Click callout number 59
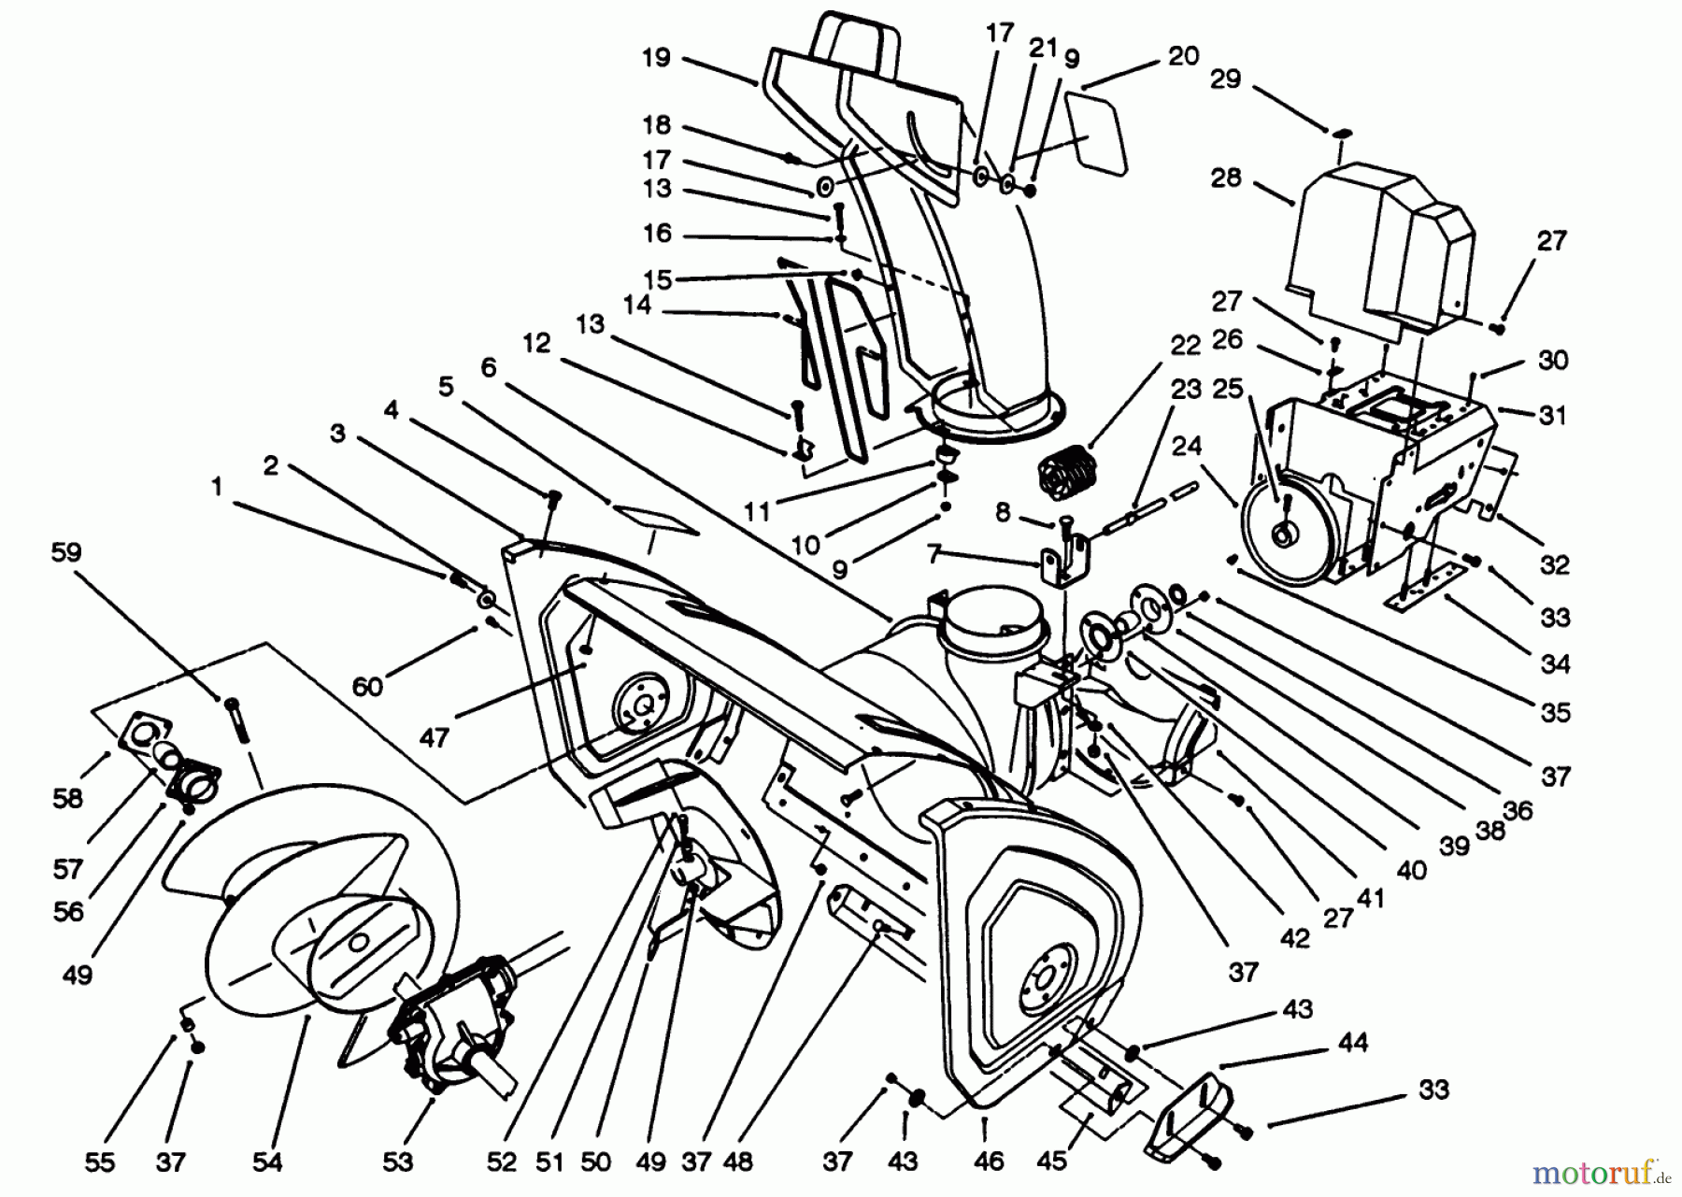pos(66,552)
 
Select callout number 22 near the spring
pos(1184,345)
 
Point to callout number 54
pos(267,1161)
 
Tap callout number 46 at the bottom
pos(988,1161)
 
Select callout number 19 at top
pos(656,58)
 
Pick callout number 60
pos(367,686)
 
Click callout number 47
pos(434,737)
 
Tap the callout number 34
pos(1555,664)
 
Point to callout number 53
pos(397,1161)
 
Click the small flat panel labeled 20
pos(1092,131)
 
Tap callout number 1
pos(217,486)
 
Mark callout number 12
pos(536,344)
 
